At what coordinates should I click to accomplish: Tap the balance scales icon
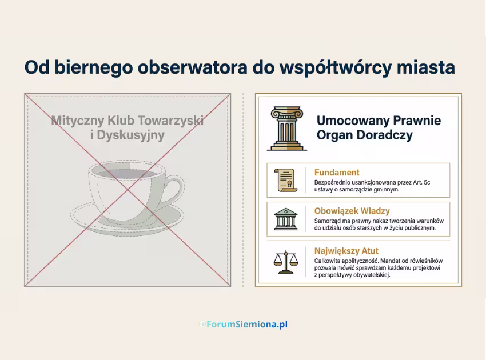(286, 261)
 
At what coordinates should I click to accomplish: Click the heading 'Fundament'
(337, 172)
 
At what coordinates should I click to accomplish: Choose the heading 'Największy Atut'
(346, 250)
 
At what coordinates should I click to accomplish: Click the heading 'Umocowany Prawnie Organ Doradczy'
(379, 128)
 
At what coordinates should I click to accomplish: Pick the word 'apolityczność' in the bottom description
(358, 261)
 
